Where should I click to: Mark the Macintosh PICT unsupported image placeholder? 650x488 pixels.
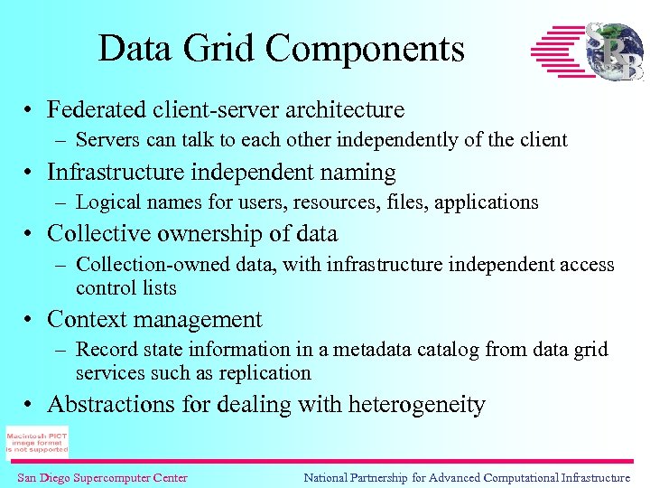point(37,442)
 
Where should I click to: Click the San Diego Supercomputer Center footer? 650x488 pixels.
point(102,477)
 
